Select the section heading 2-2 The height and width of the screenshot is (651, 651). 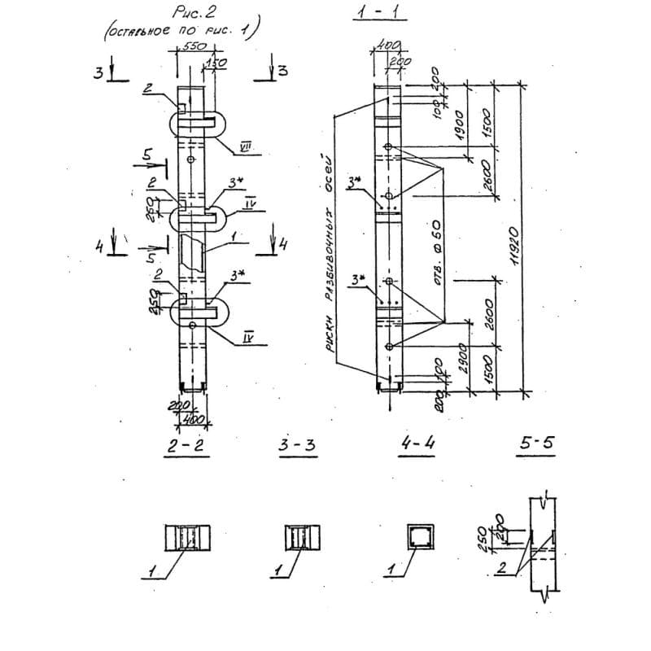point(188,446)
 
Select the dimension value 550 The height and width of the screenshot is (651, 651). point(194,47)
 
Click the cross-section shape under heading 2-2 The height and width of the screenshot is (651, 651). point(188,538)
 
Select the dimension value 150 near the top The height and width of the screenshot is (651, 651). point(216,63)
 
